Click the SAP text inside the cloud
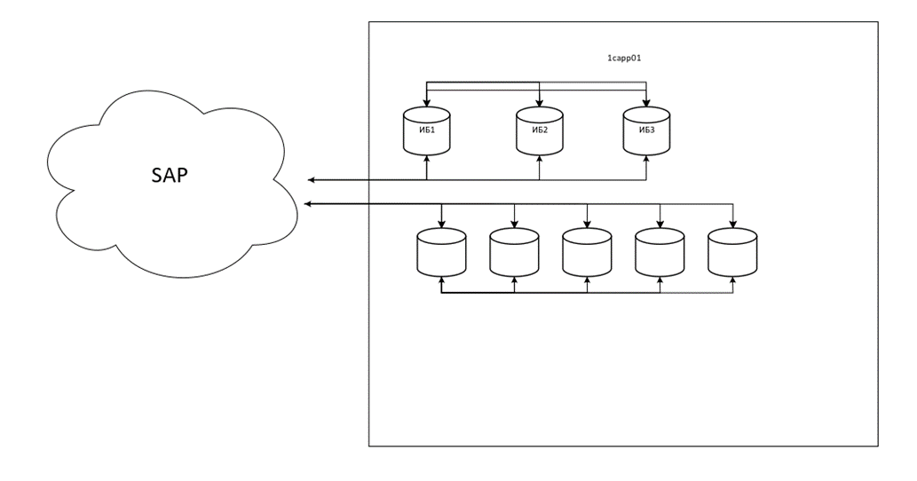click(x=169, y=174)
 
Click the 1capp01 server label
click(x=623, y=58)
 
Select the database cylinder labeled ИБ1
click(x=427, y=131)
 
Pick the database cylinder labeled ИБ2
click(x=540, y=131)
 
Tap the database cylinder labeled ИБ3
click(x=645, y=131)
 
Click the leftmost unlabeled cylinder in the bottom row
click(x=441, y=252)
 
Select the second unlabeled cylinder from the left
click(x=514, y=252)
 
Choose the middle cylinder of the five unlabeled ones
click(x=587, y=252)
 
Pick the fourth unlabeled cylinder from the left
click(x=660, y=252)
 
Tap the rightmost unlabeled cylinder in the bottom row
click(x=732, y=252)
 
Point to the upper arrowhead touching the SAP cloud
click(x=312, y=180)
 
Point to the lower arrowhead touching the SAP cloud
click(x=308, y=205)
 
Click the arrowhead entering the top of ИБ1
click(x=427, y=104)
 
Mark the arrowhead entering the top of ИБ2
click(x=540, y=104)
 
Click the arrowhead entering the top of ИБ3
click(x=645, y=104)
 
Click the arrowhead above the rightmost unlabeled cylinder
click(x=732, y=225)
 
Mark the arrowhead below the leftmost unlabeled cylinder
click(x=441, y=280)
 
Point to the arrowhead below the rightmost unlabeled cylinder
click(x=732, y=280)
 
